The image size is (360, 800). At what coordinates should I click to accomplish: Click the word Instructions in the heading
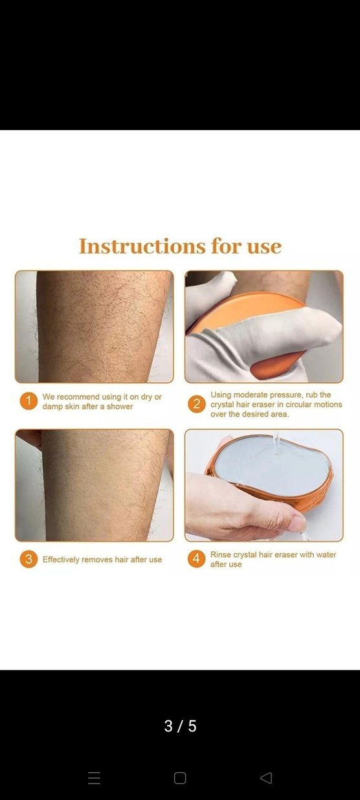142,246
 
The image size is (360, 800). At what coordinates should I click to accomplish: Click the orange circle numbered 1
29,401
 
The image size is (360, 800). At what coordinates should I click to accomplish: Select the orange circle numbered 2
197,404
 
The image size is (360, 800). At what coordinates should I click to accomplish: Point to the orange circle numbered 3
29,559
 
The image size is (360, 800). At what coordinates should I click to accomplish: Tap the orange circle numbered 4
197,558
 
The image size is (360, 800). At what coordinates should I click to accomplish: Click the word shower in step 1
120,406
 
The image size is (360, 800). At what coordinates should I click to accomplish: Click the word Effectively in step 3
61,560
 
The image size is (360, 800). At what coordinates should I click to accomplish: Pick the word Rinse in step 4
221,554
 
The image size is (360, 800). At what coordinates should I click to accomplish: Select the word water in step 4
326,554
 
